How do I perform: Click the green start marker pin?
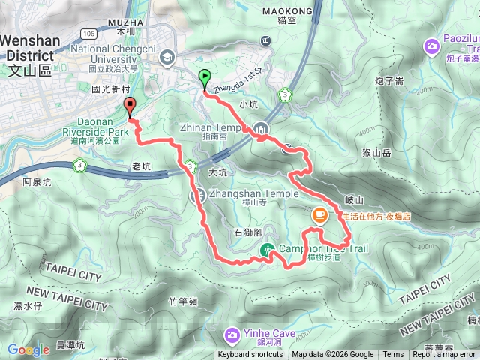(x=204, y=77)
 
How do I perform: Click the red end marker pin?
(x=129, y=106)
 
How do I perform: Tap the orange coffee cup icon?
(x=319, y=215)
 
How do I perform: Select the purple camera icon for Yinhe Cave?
(x=233, y=333)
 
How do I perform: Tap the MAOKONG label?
(x=288, y=11)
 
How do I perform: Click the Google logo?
(x=28, y=349)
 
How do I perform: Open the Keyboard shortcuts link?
(x=250, y=355)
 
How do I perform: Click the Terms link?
(x=393, y=355)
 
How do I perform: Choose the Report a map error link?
(x=444, y=355)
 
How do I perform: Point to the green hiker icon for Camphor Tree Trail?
(x=267, y=250)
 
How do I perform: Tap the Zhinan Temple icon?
(x=260, y=128)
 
